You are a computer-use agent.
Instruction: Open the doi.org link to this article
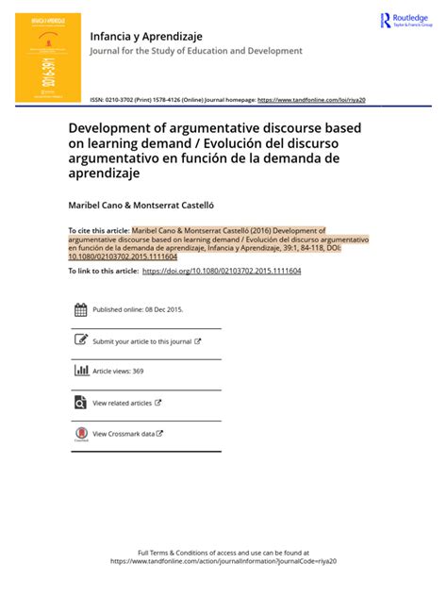pos(222,271)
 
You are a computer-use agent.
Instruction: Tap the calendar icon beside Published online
pos(80,309)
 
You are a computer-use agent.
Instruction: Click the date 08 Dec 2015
pos(163,309)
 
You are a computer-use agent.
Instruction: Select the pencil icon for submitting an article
pos(80,340)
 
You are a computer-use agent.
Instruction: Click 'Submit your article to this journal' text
pos(141,341)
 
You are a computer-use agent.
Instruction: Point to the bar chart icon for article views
pos(80,372)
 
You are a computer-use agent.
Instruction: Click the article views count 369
pos(138,372)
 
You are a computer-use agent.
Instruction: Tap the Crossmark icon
pos(80,434)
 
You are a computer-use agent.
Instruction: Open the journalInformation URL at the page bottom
pos(223,560)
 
